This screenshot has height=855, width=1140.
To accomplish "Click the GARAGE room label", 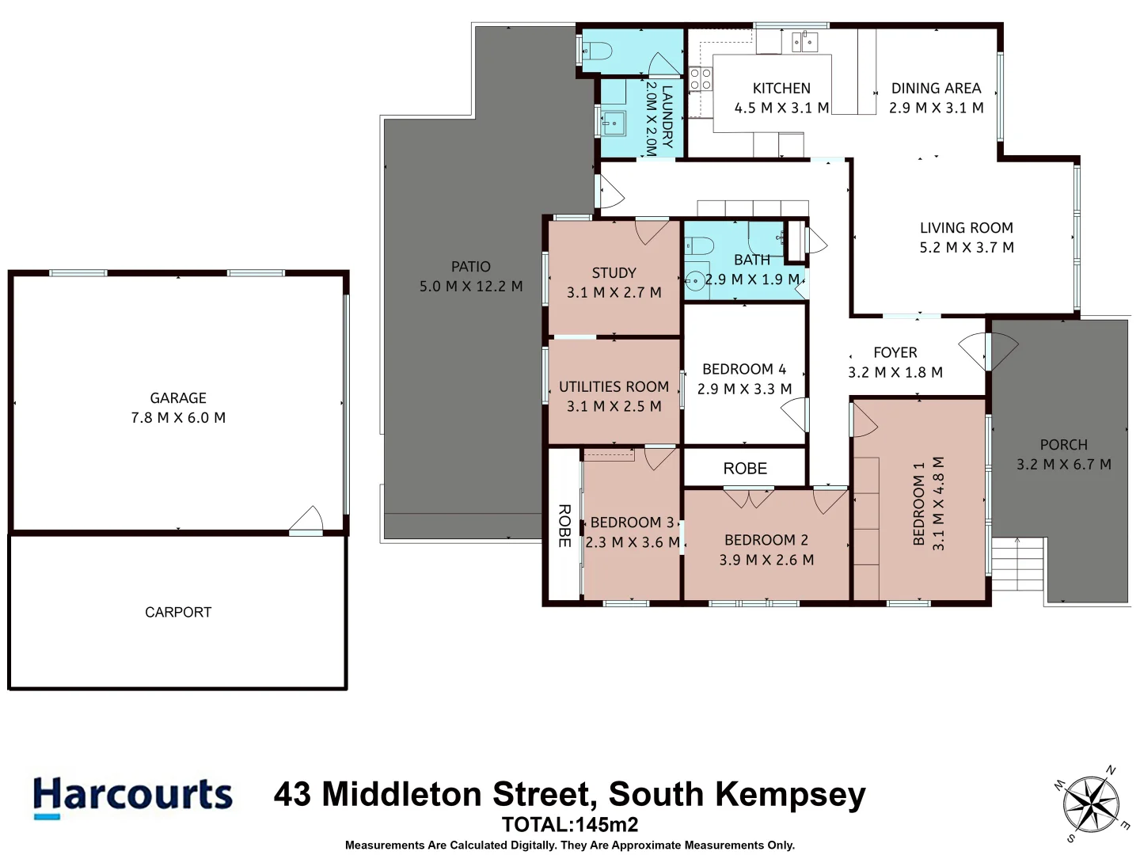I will [x=178, y=398].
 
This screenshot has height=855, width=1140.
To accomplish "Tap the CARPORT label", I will [x=178, y=612].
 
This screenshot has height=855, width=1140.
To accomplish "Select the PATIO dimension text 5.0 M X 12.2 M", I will [x=471, y=287].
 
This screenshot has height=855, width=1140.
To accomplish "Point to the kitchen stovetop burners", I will [x=700, y=79].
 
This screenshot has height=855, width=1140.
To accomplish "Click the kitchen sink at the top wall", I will [x=804, y=41].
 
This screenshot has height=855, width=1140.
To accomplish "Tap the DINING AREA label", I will [x=936, y=88].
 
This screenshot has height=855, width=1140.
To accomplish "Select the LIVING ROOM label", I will [x=966, y=228].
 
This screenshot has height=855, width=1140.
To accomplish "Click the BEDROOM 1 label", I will [x=918, y=504].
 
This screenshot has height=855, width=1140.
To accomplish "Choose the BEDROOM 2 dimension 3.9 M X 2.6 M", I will [x=766, y=560].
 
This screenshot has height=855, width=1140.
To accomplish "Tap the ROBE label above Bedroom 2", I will [x=745, y=469].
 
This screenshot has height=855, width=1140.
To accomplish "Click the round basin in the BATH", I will [x=694, y=280].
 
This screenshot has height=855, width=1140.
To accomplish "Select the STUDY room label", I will [x=614, y=272].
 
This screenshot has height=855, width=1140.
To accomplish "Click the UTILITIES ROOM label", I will [x=614, y=386].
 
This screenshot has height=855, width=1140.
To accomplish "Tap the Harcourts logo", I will [x=132, y=796].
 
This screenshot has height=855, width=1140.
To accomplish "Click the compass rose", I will [x=1091, y=805].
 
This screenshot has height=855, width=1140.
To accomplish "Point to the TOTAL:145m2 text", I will [x=569, y=824].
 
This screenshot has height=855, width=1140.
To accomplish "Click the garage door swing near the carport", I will [x=307, y=521].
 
